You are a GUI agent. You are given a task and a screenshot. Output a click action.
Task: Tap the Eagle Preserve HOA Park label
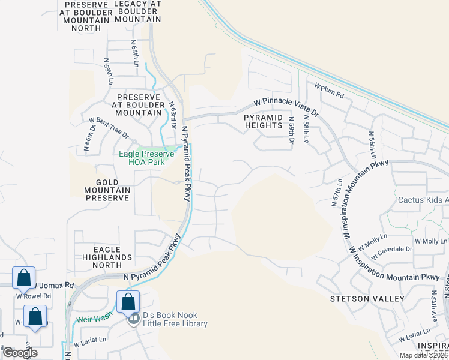(x=142, y=158)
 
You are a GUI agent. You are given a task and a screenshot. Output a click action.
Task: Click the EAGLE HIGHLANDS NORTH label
(x=103, y=253)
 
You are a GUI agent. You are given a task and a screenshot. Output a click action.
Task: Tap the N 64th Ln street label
(x=135, y=53)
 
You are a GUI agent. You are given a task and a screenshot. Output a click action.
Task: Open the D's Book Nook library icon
(x=133, y=319)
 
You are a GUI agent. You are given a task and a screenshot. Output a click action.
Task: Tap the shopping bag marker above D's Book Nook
(x=128, y=302)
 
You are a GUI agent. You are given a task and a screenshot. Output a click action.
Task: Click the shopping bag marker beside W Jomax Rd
(x=23, y=278)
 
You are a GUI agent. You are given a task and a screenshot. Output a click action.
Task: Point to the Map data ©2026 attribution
(x=422, y=355)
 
